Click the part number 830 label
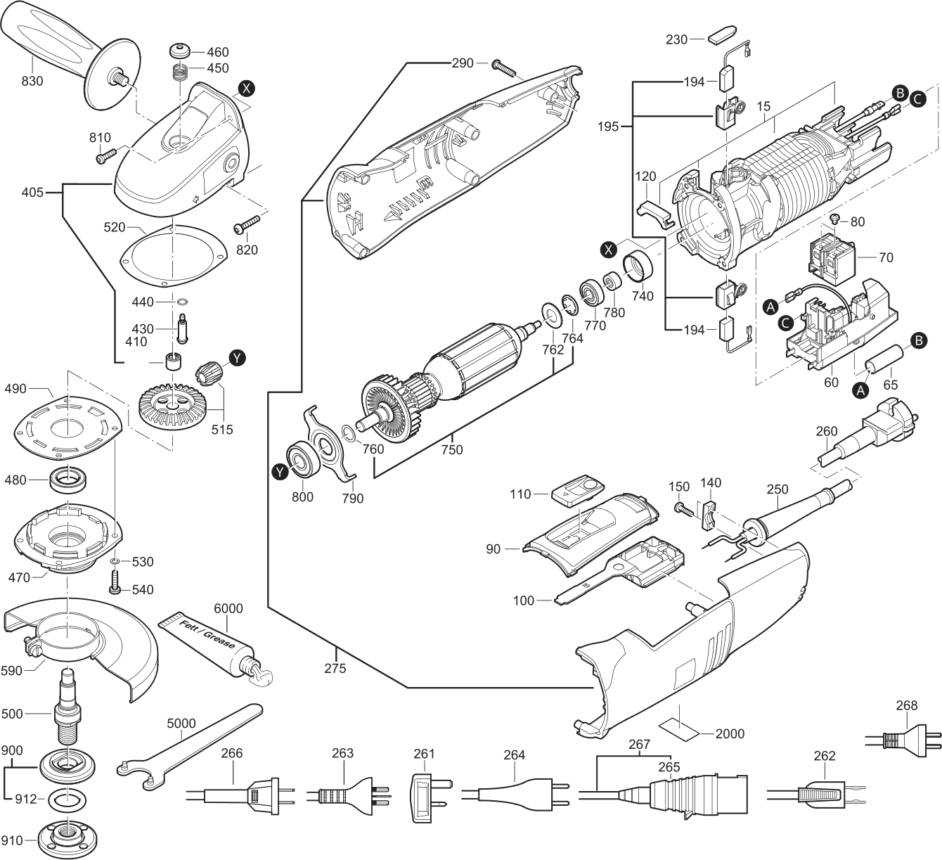coord(32,81)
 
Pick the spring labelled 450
coord(181,70)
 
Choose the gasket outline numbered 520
coord(172,255)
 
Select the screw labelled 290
coord(505,68)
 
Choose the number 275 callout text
coord(335,669)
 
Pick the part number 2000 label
coord(730,734)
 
